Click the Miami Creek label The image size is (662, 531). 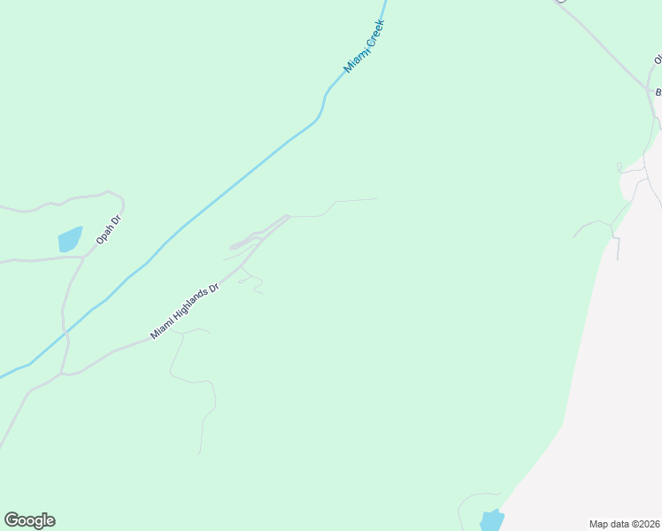point(366,46)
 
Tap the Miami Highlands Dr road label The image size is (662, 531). point(184,312)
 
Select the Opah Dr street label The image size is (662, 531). point(108,229)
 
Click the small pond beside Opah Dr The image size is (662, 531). point(70,239)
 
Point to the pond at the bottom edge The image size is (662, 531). point(491,521)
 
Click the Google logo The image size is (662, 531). point(29,520)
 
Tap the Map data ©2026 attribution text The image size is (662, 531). point(625,523)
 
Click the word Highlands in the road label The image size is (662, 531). point(189,308)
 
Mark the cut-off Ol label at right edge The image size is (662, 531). point(658,59)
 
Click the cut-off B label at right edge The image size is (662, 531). point(658,92)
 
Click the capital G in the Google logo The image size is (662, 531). point(12,520)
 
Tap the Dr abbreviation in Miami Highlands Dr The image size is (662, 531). point(212,289)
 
